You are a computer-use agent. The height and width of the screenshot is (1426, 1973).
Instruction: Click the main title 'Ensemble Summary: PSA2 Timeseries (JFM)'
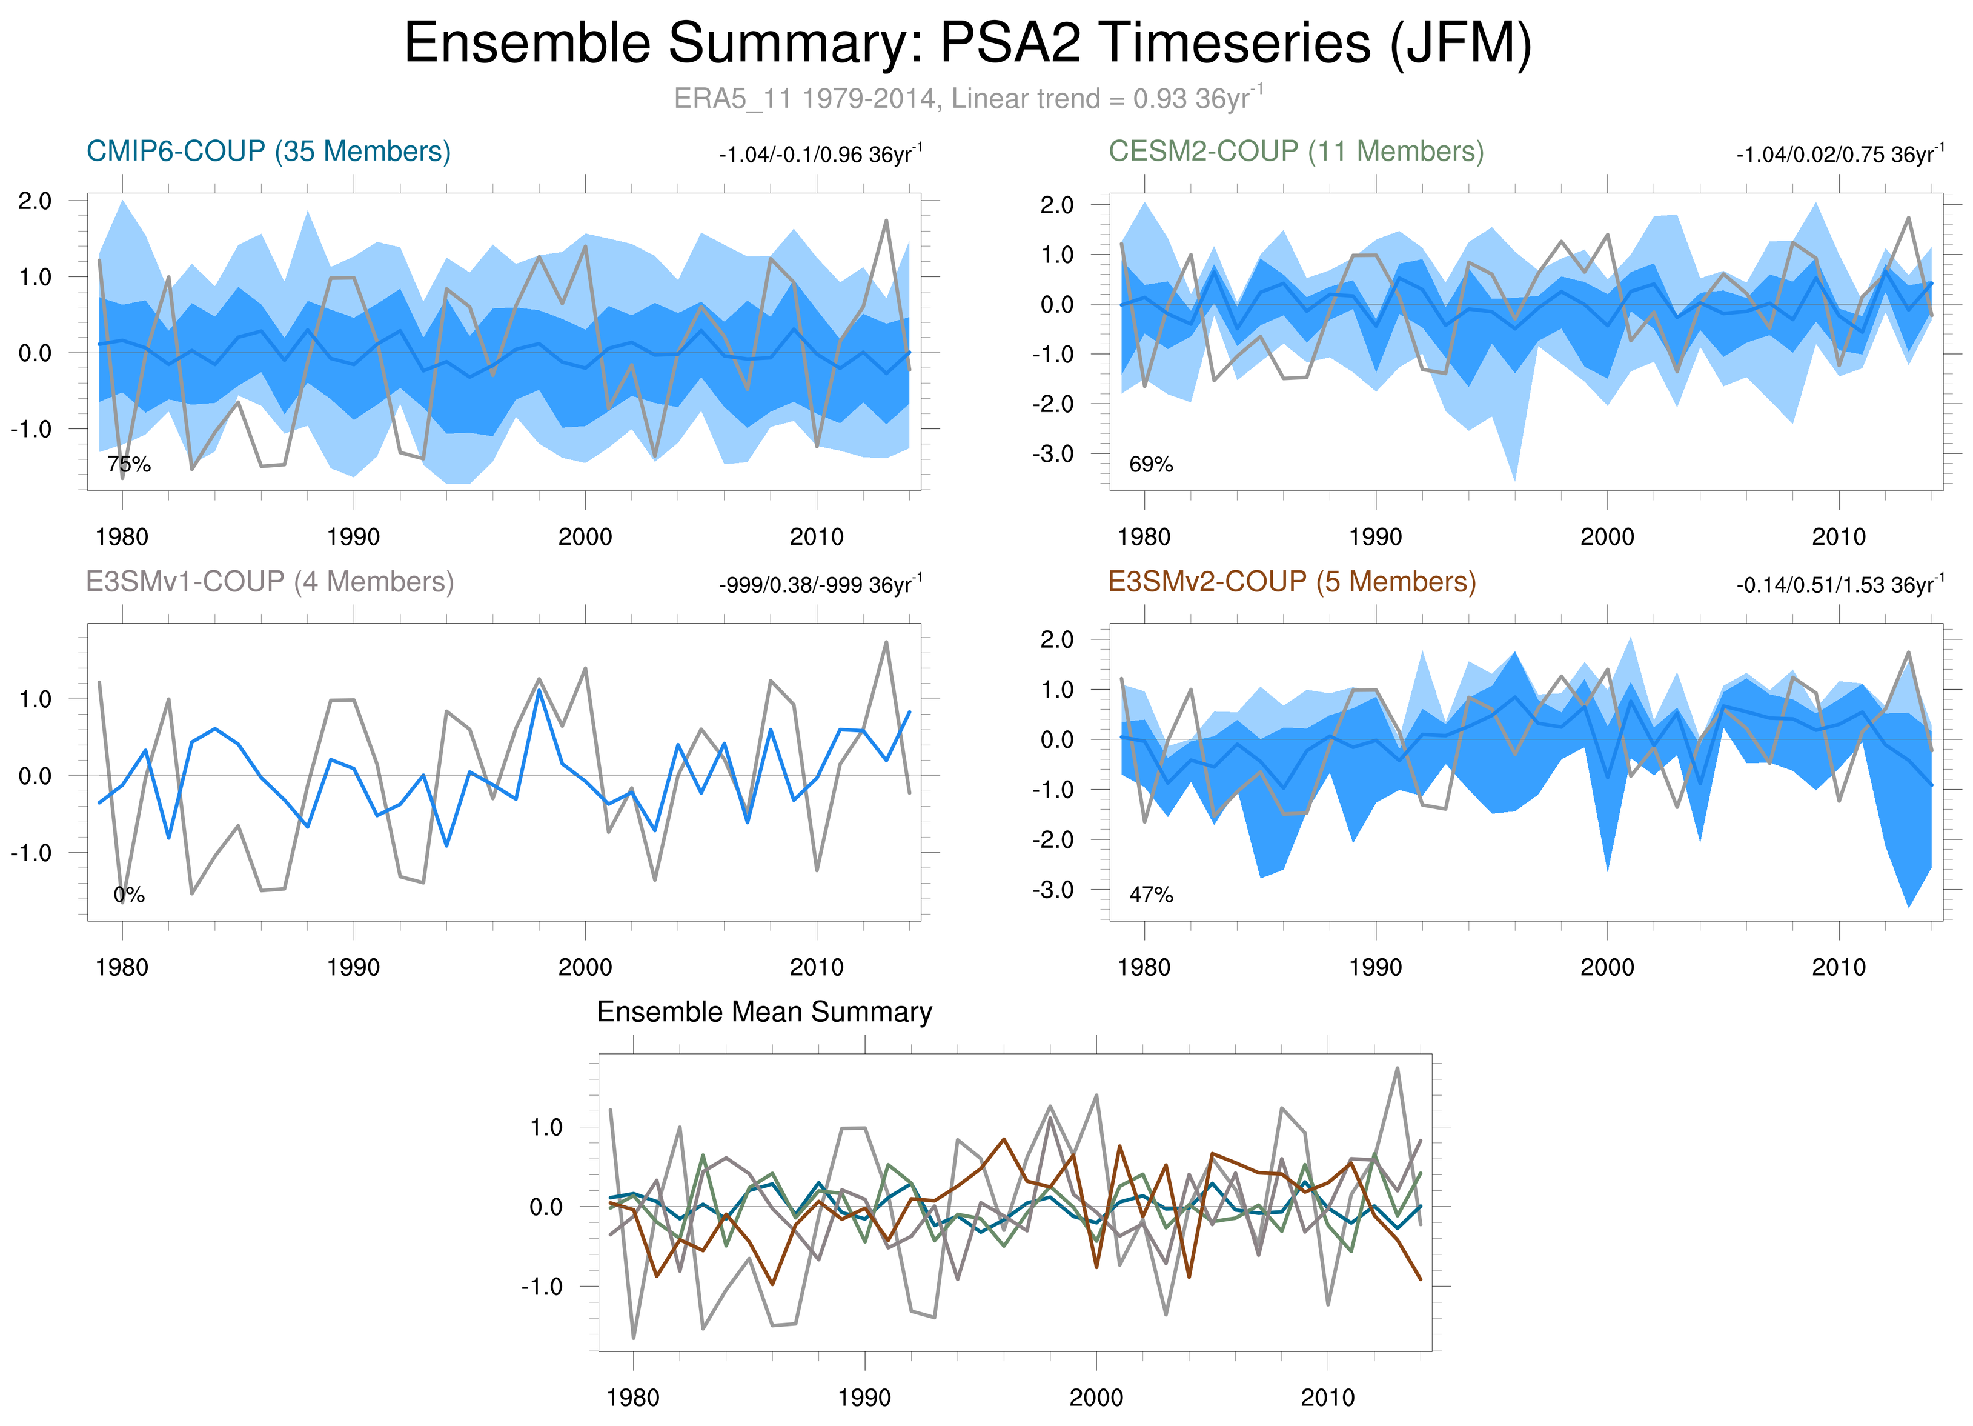click(x=967, y=44)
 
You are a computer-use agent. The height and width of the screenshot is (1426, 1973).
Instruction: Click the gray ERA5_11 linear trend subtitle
click(x=967, y=98)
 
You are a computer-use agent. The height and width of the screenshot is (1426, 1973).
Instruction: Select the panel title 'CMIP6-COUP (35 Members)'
click(x=268, y=152)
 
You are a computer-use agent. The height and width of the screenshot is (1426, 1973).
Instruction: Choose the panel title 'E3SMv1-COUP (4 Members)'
click(x=270, y=581)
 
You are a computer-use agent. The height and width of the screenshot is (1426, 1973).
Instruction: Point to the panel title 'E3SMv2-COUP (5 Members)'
click(x=1292, y=581)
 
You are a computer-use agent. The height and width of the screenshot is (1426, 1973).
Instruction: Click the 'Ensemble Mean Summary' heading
click(x=764, y=1012)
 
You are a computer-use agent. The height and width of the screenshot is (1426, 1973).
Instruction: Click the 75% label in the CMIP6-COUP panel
click(x=129, y=465)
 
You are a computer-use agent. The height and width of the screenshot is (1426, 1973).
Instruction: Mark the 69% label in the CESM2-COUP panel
click(x=1151, y=465)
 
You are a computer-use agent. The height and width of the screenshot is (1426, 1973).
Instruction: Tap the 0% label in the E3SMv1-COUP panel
click(x=129, y=895)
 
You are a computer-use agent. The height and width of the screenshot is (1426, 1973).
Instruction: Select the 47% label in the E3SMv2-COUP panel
click(x=1151, y=895)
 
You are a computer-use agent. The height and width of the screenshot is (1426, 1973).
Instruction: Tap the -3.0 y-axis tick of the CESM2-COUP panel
click(x=1053, y=454)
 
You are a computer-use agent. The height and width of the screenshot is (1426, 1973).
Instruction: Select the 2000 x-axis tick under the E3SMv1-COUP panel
click(x=585, y=967)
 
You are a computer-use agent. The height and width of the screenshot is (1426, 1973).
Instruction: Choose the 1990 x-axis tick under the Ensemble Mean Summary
click(x=864, y=1398)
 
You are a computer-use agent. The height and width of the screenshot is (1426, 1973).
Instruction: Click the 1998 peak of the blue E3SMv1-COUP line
click(x=539, y=691)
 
